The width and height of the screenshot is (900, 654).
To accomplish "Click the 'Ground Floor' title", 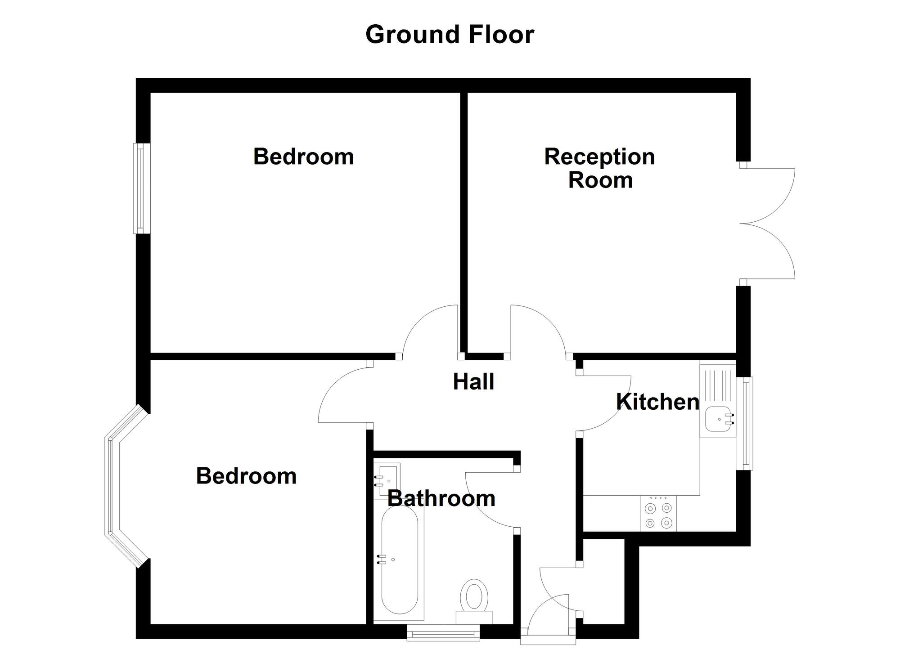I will click(450, 35).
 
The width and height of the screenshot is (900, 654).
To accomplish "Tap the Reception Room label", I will click(599, 168).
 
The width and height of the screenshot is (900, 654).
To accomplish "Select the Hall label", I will click(473, 382).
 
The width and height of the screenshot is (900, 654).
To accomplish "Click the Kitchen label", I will click(657, 402).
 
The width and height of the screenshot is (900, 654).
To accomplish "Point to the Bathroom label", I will click(441, 498).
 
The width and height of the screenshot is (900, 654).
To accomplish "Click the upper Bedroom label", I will click(303, 157).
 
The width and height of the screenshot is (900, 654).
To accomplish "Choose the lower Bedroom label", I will click(246, 476).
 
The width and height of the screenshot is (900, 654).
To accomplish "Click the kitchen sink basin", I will click(718, 419).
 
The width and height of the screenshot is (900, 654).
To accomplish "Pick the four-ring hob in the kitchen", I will click(658, 515).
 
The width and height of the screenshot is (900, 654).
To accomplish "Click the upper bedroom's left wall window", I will click(141, 188).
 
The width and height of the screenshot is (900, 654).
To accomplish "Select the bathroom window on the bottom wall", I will click(443, 633).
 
